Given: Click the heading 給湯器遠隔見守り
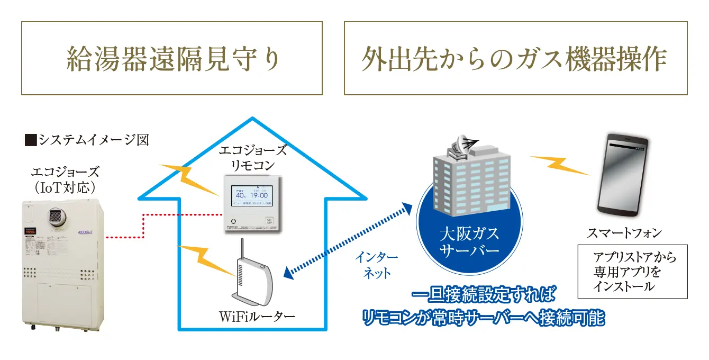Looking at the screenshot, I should click(x=172, y=59).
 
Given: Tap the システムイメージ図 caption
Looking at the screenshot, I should click(x=87, y=140).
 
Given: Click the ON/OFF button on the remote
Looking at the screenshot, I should click(x=269, y=221).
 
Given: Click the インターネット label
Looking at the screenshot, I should click(x=376, y=265).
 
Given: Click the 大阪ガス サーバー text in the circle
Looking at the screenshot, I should click(x=470, y=241).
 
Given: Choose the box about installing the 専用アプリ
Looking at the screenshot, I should click(x=632, y=272).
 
